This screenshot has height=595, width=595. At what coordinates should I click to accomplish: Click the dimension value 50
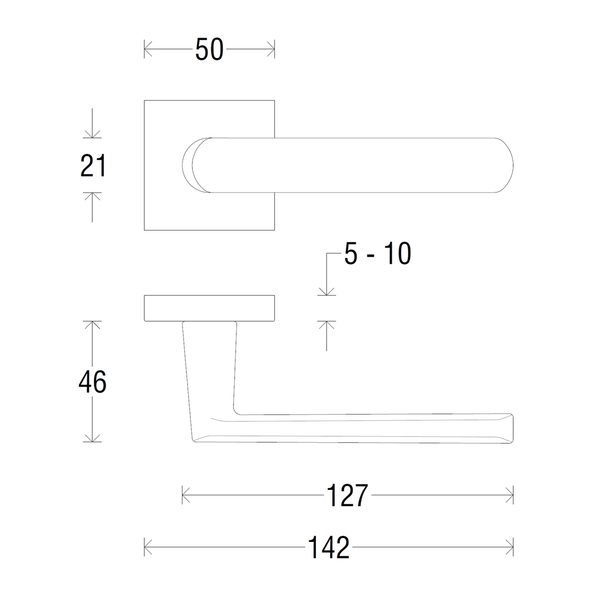tap(209, 49)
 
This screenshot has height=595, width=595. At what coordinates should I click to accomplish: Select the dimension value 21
tap(93, 166)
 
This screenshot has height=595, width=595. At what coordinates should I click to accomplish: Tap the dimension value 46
tap(92, 382)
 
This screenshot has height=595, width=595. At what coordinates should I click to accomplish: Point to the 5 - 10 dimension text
tap(377, 253)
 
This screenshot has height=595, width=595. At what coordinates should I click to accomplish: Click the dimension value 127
tap(347, 495)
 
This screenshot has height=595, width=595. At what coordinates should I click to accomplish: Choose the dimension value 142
tap(329, 547)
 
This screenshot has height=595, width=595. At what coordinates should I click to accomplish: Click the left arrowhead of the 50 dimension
tap(148, 49)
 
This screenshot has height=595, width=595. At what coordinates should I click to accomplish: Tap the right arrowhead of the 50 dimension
tap(271, 49)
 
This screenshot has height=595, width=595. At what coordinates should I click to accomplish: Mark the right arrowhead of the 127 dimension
tap(509, 495)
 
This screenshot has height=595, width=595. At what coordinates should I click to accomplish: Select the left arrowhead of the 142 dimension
tap(148, 547)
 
